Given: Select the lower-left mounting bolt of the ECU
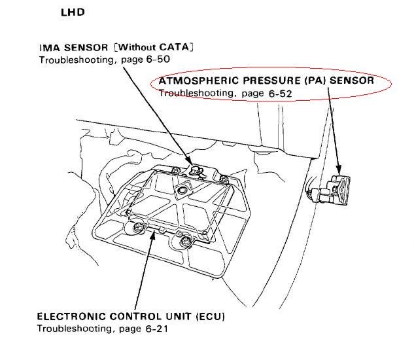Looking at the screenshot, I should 137,228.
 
